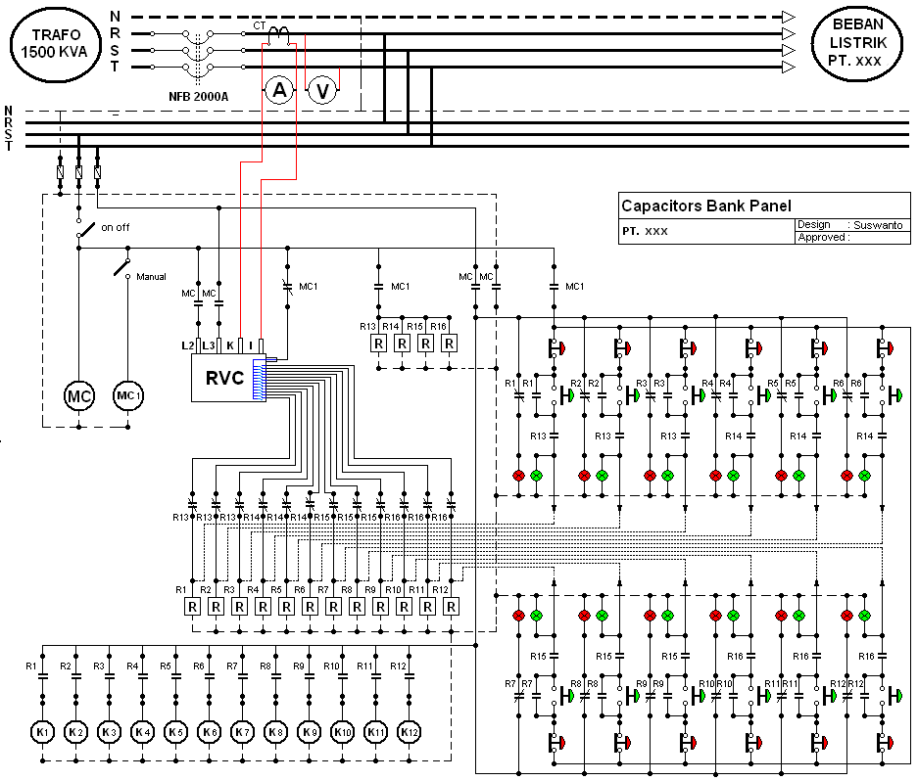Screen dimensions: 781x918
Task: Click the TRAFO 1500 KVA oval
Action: (56, 44)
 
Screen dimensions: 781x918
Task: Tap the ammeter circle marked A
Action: (279, 91)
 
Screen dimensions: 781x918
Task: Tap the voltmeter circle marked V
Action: (322, 91)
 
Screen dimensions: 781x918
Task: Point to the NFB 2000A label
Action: (199, 96)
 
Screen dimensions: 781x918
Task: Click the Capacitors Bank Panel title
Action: (692, 206)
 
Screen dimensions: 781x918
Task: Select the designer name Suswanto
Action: (879, 224)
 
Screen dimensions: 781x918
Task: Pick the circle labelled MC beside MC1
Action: (79, 396)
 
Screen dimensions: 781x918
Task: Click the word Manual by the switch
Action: (151, 277)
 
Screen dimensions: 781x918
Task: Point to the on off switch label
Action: (115, 227)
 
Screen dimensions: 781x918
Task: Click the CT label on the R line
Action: (259, 25)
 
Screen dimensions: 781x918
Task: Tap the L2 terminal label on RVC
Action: (187, 345)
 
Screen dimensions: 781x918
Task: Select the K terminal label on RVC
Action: (229, 345)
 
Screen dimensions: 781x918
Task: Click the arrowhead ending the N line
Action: (788, 17)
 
